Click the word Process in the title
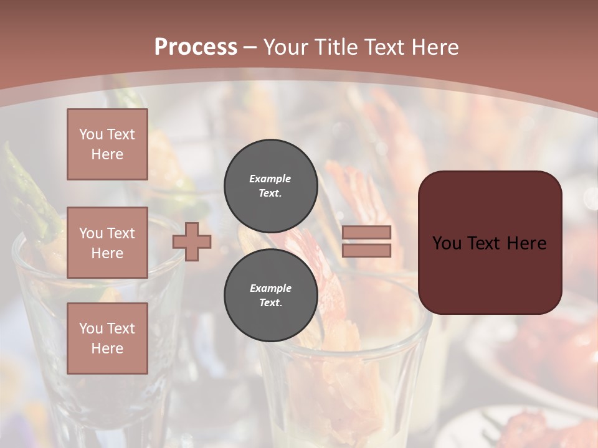(x=196, y=47)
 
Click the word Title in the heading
(x=335, y=47)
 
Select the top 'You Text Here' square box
(x=107, y=144)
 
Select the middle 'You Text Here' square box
(x=107, y=243)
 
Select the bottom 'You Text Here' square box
(x=107, y=338)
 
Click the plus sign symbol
(x=192, y=241)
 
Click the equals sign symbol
(x=366, y=241)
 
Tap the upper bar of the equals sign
(x=366, y=232)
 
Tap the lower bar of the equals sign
(x=366, y=251)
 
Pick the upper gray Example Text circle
(x=270, y=185)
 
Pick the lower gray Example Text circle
(x=270, y=295)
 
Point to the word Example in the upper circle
(x=270, y=179)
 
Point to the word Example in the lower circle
(x=270, y=288)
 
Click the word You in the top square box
(x=90, y=134)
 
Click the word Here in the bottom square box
(x=107, y=348)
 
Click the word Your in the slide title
(x=286, y=47)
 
